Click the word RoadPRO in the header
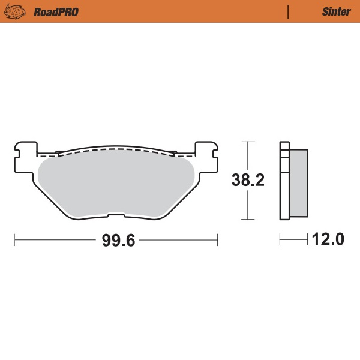[x=56, y=11]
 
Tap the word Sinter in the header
[x=332, y=11]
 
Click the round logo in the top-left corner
[x=17, y=11]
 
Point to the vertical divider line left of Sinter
[x=289, y=11]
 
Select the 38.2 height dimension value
[x=248, y=180]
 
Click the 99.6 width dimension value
[x=117, y=241]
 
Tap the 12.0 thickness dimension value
[x=328, y=241]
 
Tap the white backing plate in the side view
[x=284, y=180]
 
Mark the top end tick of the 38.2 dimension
[x=248, y=142]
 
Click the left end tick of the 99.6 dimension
[x=14, y=241]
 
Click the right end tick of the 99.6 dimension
[x=217, y=241]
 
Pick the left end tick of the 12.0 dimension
[x=280, y=241]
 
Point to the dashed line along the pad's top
[x=114, y=150]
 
